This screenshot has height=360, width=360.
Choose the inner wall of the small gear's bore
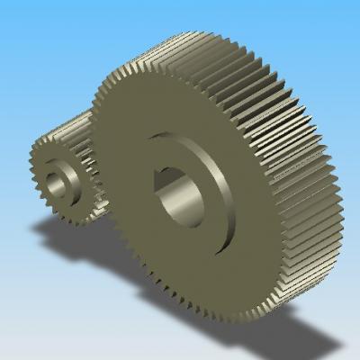pyautogui.click(x=66, y=186)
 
